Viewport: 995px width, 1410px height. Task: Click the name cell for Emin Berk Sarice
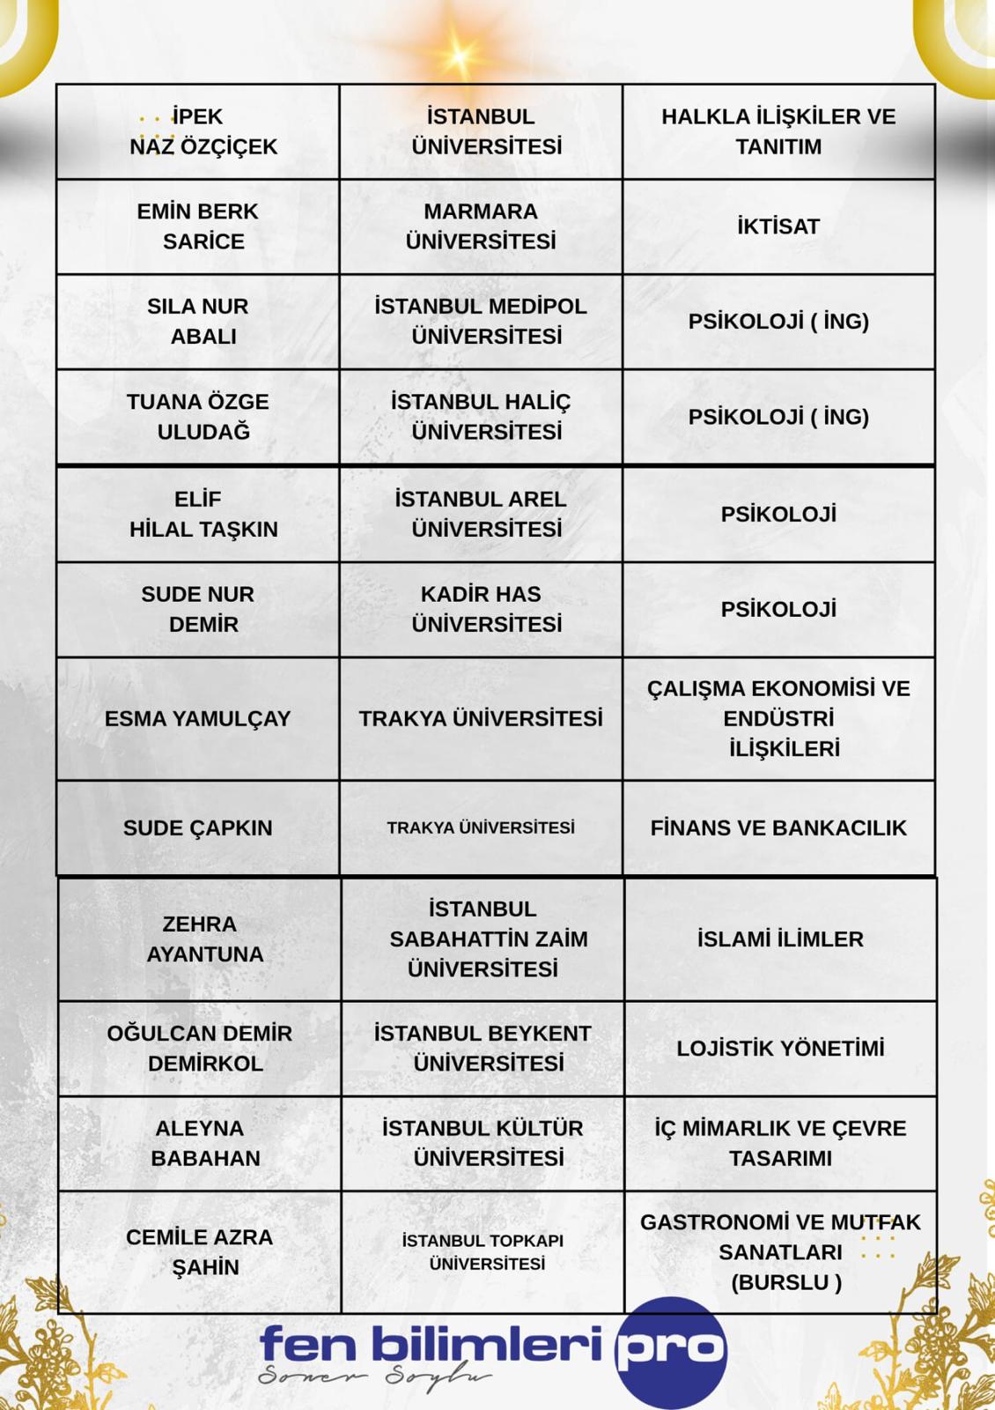click(198, 226)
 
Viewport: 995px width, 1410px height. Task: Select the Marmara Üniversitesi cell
click(481, 226)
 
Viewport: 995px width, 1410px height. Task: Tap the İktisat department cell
click(778, 226)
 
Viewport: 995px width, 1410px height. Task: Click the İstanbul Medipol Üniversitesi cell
click(481, 322)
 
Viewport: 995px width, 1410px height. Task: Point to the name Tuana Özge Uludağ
click(198, 417)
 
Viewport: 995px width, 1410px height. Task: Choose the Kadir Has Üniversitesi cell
click(481, 609)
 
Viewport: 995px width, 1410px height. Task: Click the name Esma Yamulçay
click(198, 718)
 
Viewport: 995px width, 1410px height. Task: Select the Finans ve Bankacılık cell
click(778, 827)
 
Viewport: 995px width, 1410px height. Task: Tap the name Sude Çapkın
click(198, 827)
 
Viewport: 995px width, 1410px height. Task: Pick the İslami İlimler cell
click(780, 939)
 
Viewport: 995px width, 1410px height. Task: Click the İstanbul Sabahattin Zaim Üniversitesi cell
click(483, 939)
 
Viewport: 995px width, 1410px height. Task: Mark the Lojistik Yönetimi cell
click(780, 1048)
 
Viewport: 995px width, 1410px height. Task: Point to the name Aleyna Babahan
click(201, 1143)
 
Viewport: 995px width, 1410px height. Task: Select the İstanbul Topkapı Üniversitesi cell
click(483, 1251)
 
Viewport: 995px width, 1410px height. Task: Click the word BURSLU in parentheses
click(785, 1282)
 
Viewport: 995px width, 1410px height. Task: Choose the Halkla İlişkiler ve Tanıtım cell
click(778, 131)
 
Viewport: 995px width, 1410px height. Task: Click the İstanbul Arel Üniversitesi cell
click(481, 514)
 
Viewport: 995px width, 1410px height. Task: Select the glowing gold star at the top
click(458, 55)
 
